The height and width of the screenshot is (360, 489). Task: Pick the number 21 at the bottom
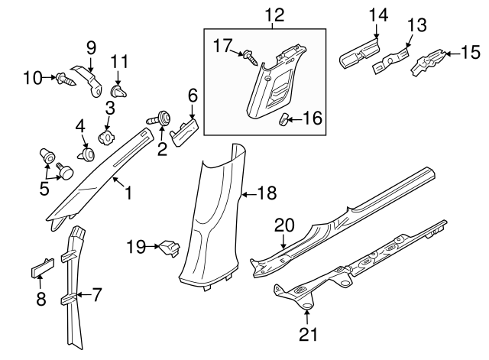[308, 334]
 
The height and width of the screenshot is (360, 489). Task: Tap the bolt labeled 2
[163, 118]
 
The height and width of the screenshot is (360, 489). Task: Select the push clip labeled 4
[85, 155]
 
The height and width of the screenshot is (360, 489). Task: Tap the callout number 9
[90, 47]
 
